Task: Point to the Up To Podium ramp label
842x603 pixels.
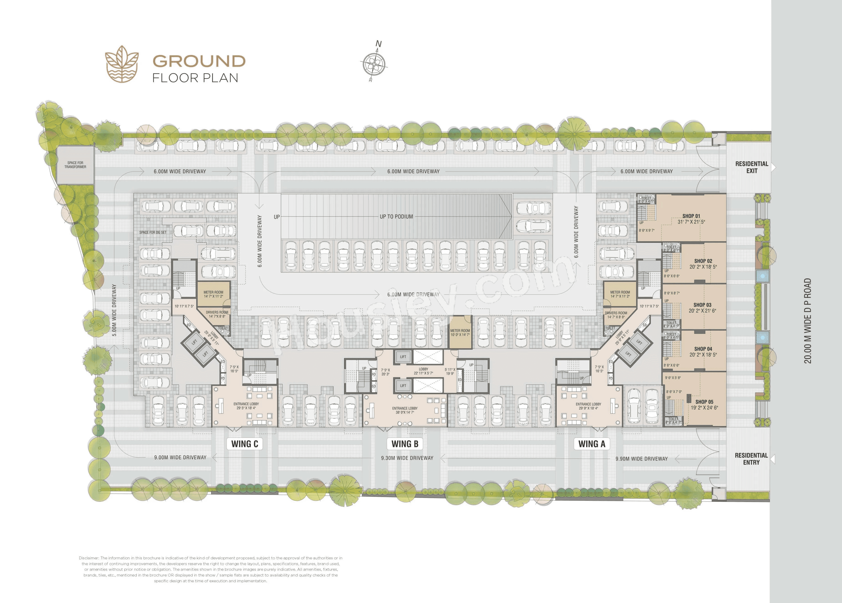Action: pyautogui.click(x=396, y=216)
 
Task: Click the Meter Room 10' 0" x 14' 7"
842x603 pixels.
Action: pyautogui.click(x=460, y=332)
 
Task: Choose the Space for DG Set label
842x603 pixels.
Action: pyautogui.click(x=153, y=232)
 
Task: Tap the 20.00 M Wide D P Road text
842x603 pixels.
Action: pyautogui.click(x=808, y=321)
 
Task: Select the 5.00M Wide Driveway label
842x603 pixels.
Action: pyautogui.click(x=114, y=310)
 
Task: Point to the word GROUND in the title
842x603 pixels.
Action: pyautogui.click(x=199, y=61)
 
